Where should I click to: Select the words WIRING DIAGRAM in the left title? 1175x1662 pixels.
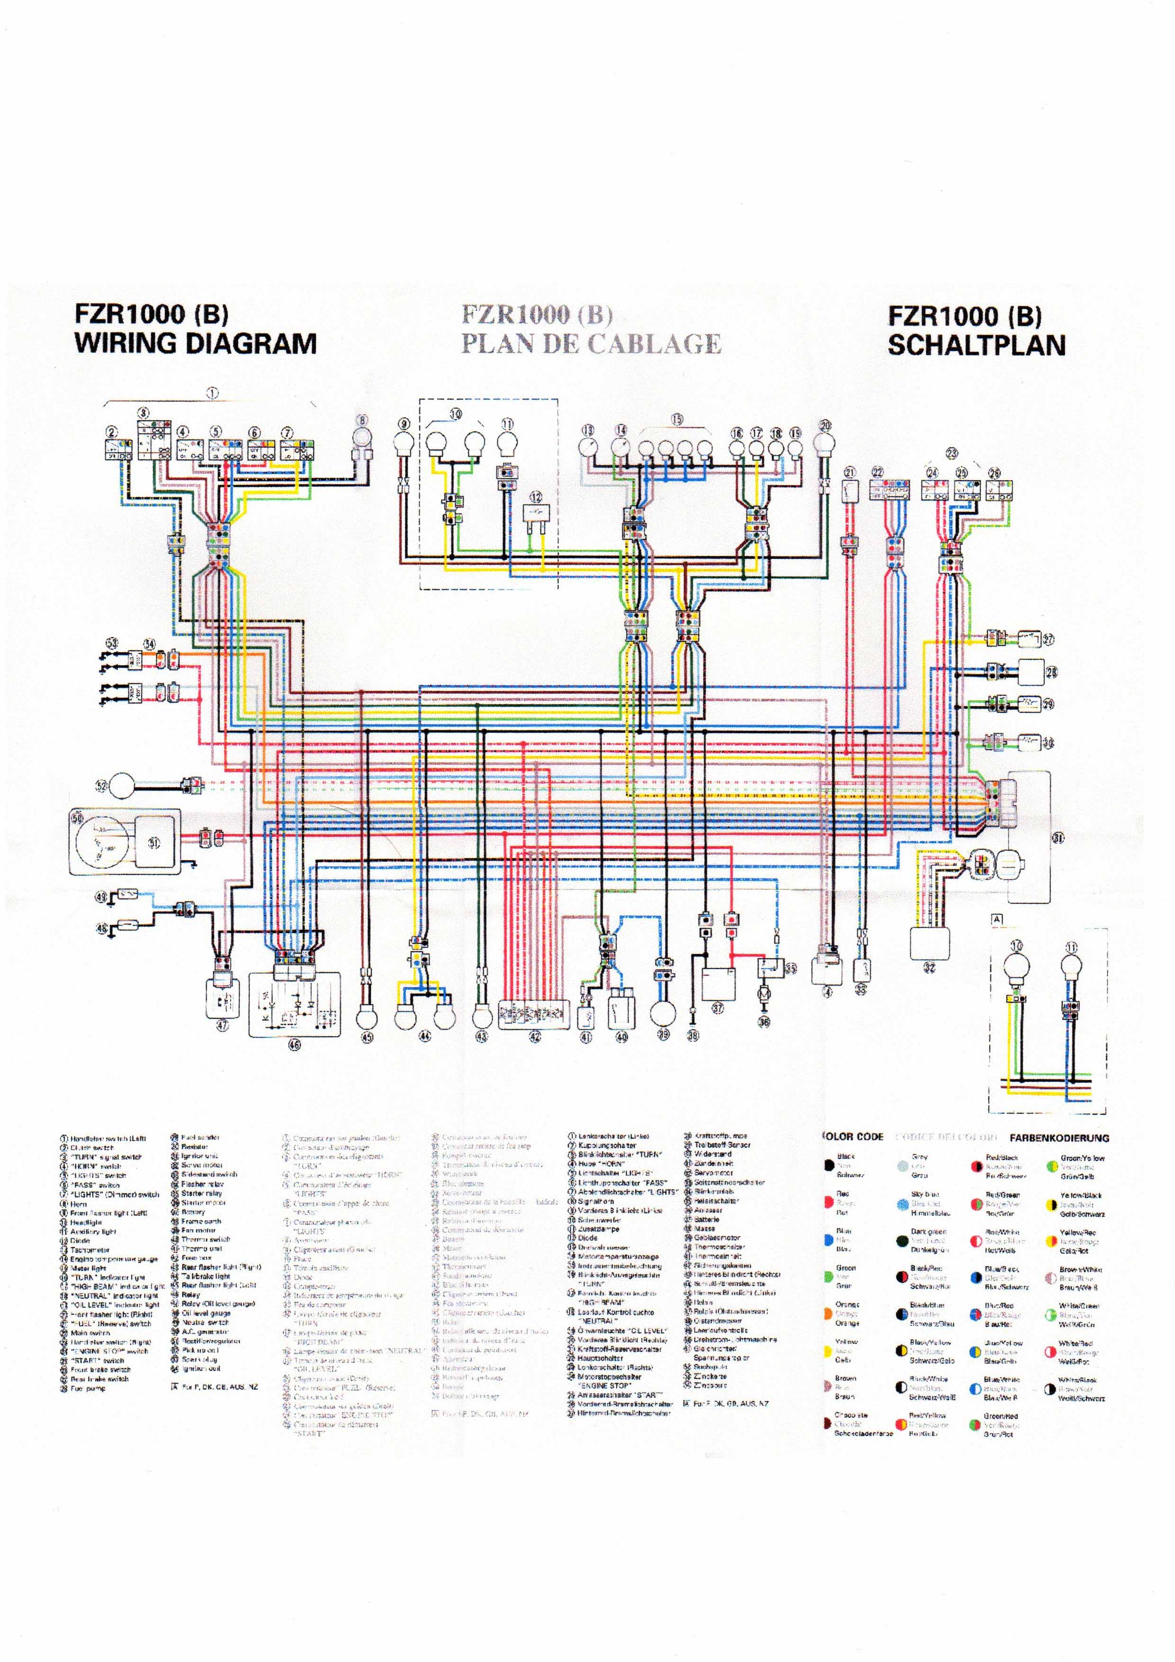click(x=196, y=343)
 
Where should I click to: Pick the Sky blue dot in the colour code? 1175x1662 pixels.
click(x=902, y=1204)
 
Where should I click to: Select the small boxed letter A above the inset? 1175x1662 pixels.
click(x=997, y=919)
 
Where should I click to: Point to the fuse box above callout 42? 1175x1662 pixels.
click(x=534, y=1014)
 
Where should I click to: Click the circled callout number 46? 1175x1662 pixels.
click(x=294, y=1044)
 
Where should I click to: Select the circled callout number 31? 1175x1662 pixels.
click(x=1058, y=837)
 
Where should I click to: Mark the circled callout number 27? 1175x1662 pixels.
click(x=1048, y=639)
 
